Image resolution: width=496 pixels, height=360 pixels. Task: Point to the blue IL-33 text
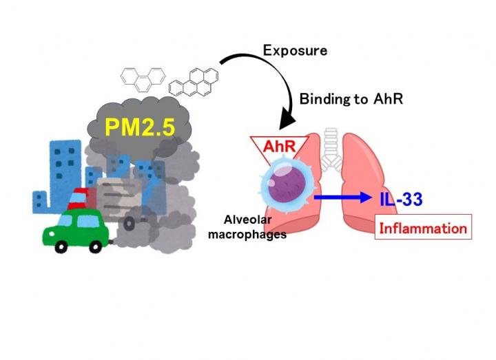pyautogui.click(x=401, y=200)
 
